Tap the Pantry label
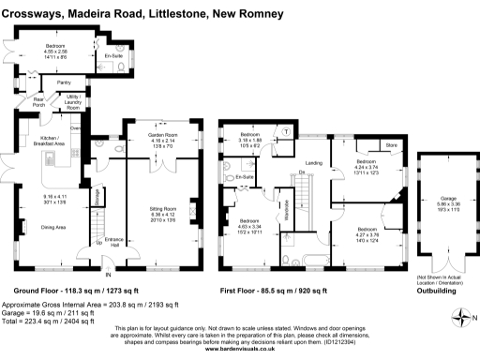click(x=64, y=82)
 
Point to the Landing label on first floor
click(x=314, y=164)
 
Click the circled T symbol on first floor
click(x=285, y=132)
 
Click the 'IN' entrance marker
click(x=108, y=274)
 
